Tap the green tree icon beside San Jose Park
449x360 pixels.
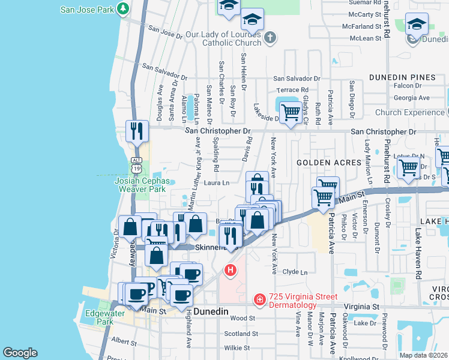pyautogui.click(x=123, y=8)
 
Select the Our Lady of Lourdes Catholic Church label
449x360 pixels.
pyautogui.click(x=223, y=38)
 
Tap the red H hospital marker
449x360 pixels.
pyautogui.click(x=230, y=271)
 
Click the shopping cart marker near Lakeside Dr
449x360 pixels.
pyautogui.click(x=291, y=112)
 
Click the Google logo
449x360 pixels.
pyautogui.click(x=20, y=353)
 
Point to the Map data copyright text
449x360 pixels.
pyautogui.click(x=424, y=355)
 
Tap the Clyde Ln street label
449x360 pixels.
pyautogui.click(x=295, y=272)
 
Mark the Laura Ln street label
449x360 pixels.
pyautogui.click(x=217, y=183)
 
